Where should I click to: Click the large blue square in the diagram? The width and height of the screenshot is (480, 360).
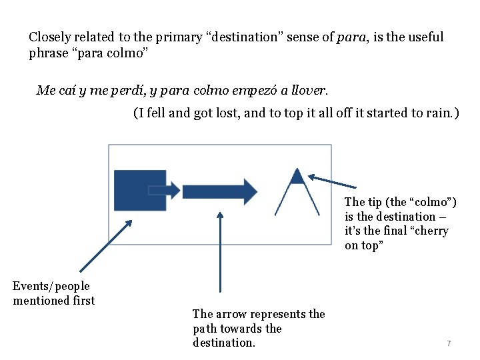point(139,190)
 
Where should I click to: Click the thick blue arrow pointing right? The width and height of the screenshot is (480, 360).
point(219,191)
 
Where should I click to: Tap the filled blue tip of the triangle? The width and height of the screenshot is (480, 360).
point(297,177)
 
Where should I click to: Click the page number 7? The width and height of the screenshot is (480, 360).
point(449,343)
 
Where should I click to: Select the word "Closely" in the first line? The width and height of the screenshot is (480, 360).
point(49,37)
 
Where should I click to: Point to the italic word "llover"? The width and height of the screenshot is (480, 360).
point(311,89)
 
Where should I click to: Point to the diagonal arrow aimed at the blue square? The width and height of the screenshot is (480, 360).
point(106,245)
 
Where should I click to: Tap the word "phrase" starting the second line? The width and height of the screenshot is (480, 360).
point(49,53)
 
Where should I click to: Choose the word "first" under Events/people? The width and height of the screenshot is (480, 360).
point(83,301)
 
